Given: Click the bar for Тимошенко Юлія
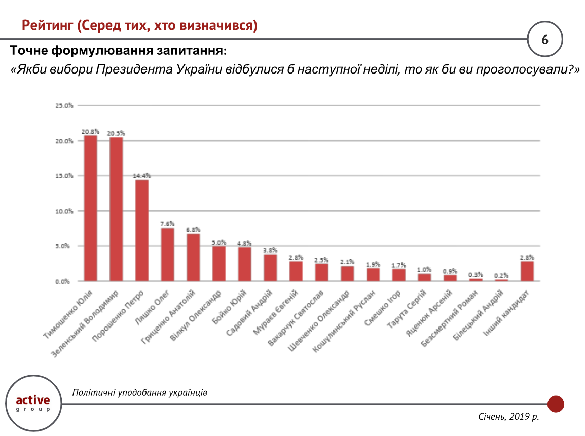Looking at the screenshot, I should [91, 208].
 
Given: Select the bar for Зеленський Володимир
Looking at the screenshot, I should [117, 209].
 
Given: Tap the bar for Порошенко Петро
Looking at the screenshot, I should [142, 230].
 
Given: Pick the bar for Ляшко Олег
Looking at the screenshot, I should [168, 254].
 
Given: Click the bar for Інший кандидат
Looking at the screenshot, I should [527, 271].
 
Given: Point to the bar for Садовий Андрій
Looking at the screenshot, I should [270, 267].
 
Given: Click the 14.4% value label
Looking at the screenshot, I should [142, 175].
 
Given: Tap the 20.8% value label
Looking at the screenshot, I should [91, 131].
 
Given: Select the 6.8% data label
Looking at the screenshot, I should [193, 229].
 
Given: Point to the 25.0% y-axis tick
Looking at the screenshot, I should [64, 106].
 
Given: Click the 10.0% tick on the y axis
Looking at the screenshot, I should [64, 211].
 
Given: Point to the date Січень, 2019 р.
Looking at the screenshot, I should [508, 417].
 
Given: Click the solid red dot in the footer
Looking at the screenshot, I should [556, 404].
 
